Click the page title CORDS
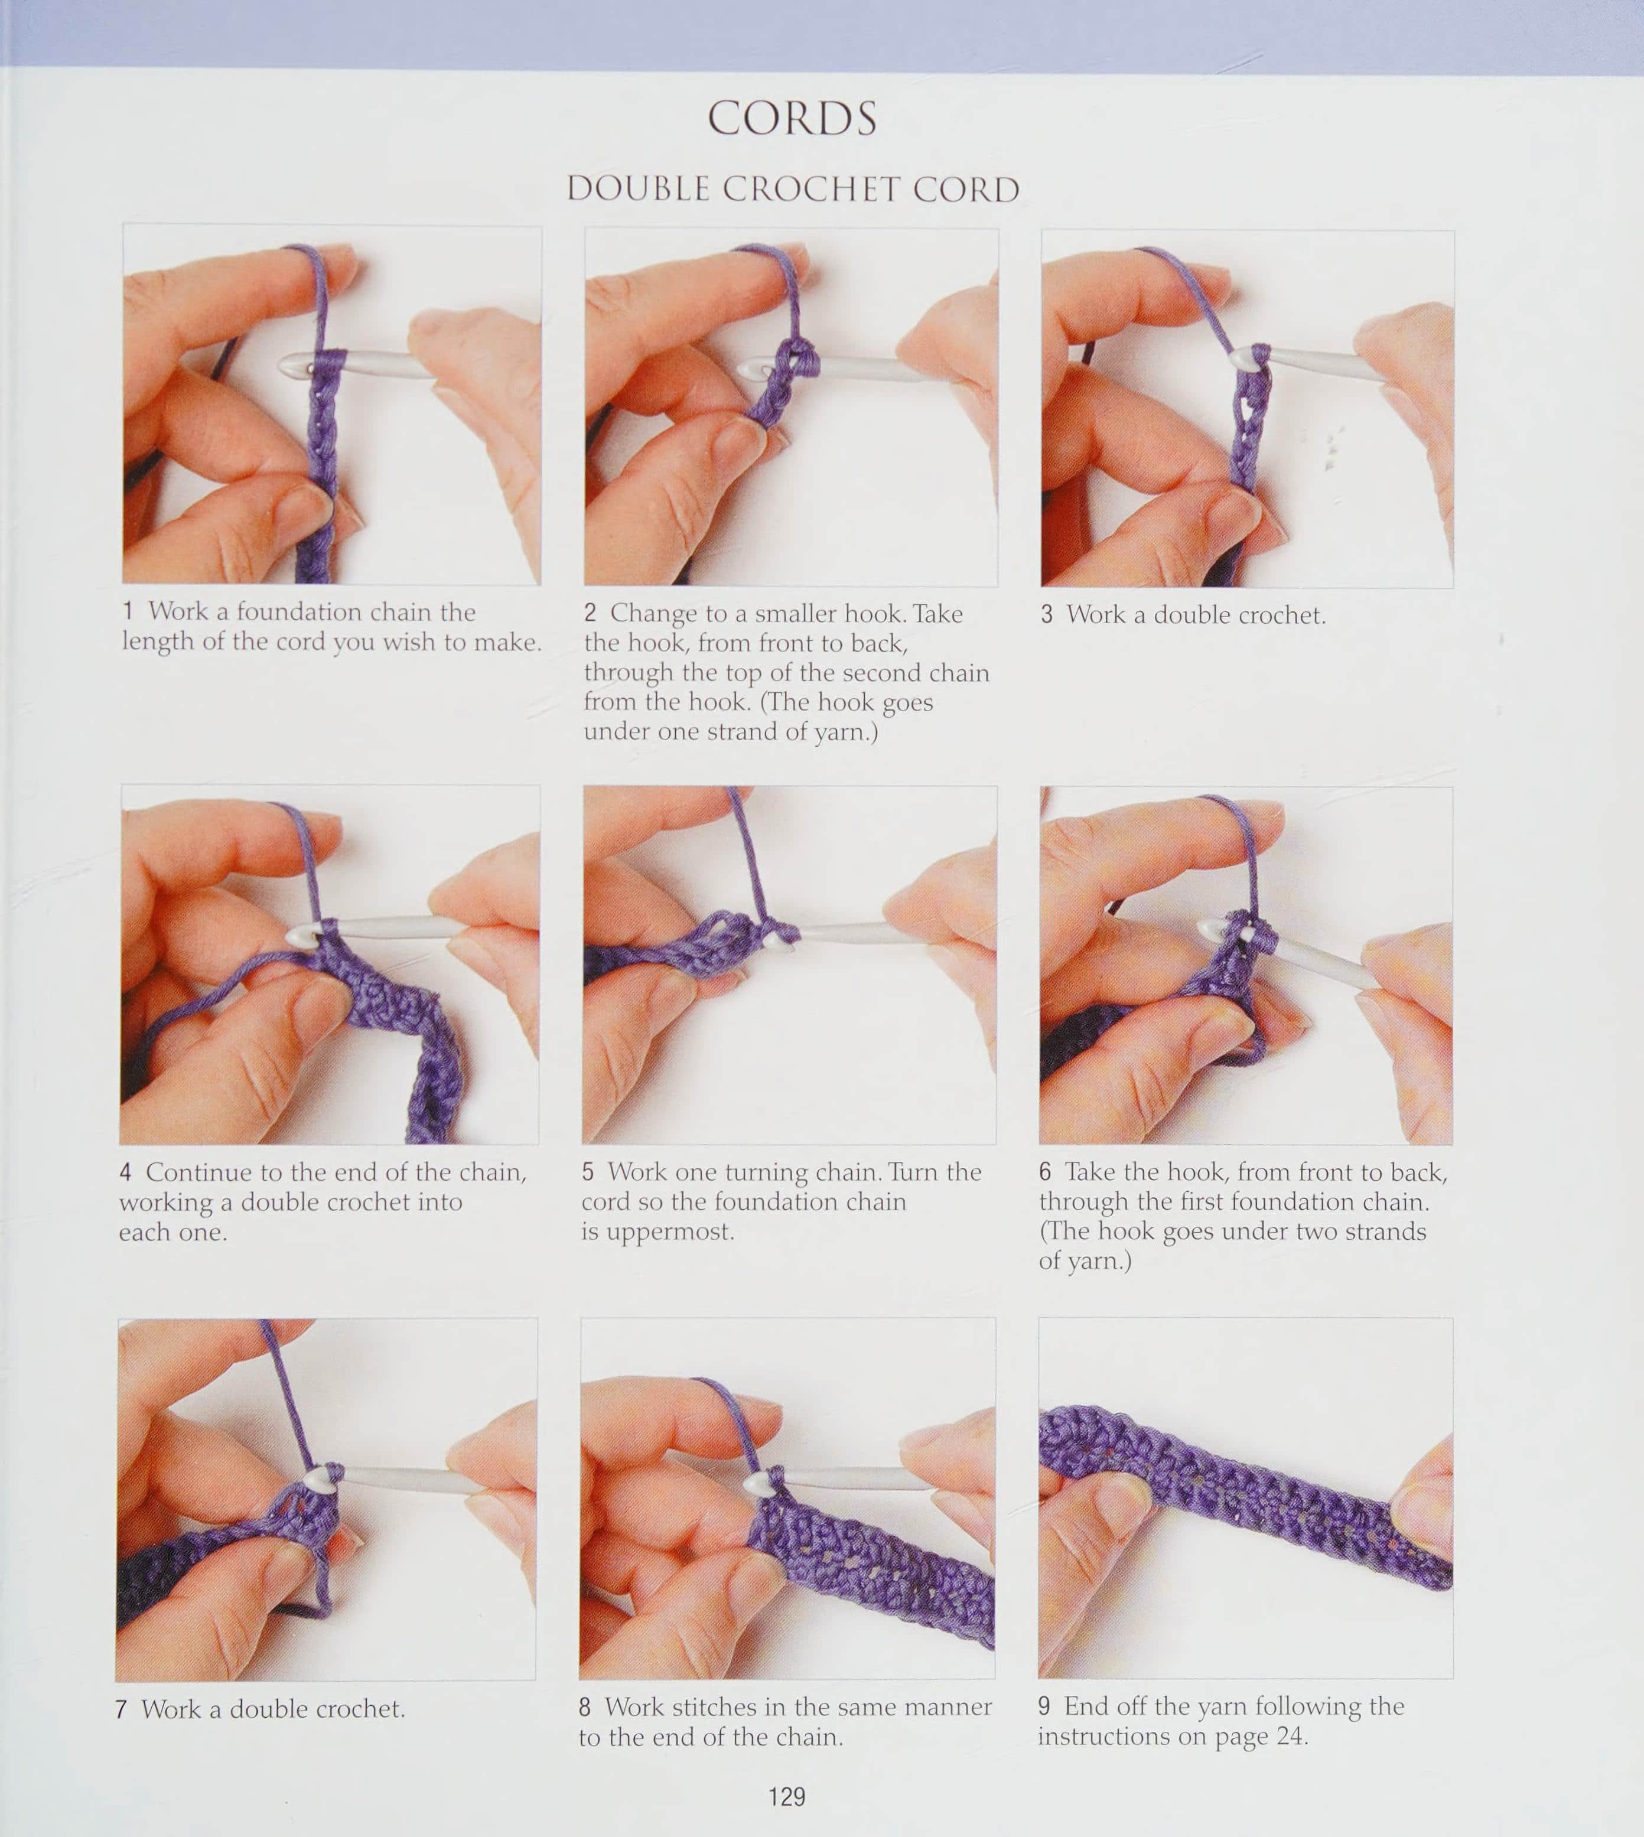tap(792, 118)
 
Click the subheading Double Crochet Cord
tap(793, 189)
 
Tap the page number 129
tap(787, 1796)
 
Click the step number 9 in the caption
tap(1044, 1706)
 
